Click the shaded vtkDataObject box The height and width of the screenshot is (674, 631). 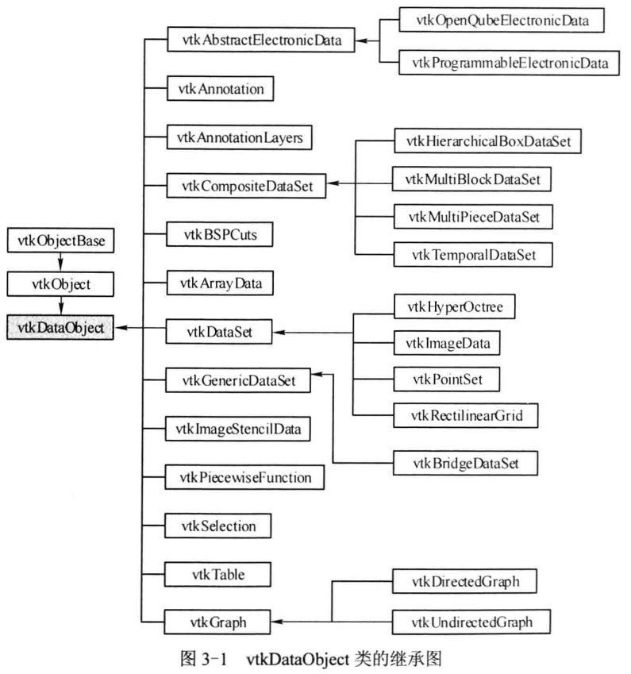click(x=59, y=326)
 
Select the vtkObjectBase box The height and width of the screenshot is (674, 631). click(x=59, y=239)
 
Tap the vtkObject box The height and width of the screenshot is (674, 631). click(x=59, y=283)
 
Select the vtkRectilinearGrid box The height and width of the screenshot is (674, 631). click(x=471, y=414)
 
